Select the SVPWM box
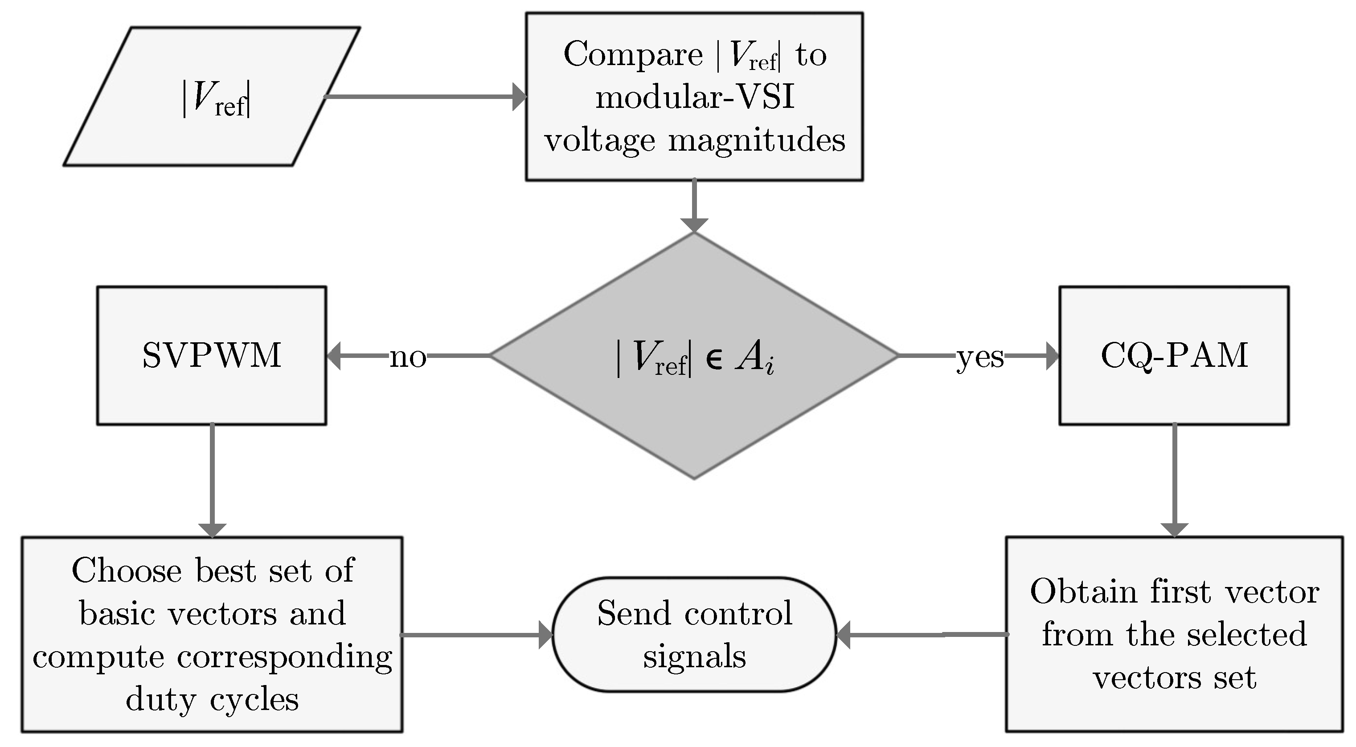coord(212,355)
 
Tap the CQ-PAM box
coord(1174,355)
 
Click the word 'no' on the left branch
coord(407,357)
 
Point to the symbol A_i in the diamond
coord(755,357)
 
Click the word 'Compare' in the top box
coord(633,55)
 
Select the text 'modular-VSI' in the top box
coord(695,98)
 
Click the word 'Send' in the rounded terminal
coord(634,613)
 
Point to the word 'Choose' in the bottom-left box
coord(127,571)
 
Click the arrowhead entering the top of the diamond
coord(694,224)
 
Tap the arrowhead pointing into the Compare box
coord(519,97)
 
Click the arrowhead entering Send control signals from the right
coord(844,635)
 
